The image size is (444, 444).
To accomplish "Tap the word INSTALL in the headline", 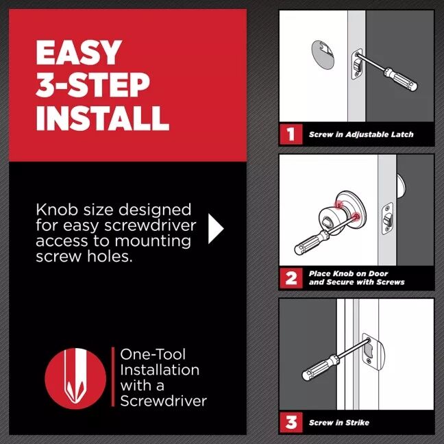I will coord(102,117).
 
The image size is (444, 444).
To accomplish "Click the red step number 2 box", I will coord(291,277).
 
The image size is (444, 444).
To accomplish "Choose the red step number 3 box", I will coord(291,422).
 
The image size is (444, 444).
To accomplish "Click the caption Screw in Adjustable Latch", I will coord(360,135).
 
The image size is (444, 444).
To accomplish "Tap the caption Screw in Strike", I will coord(338,423).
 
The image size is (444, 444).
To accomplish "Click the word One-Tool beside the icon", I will coord(153,354).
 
